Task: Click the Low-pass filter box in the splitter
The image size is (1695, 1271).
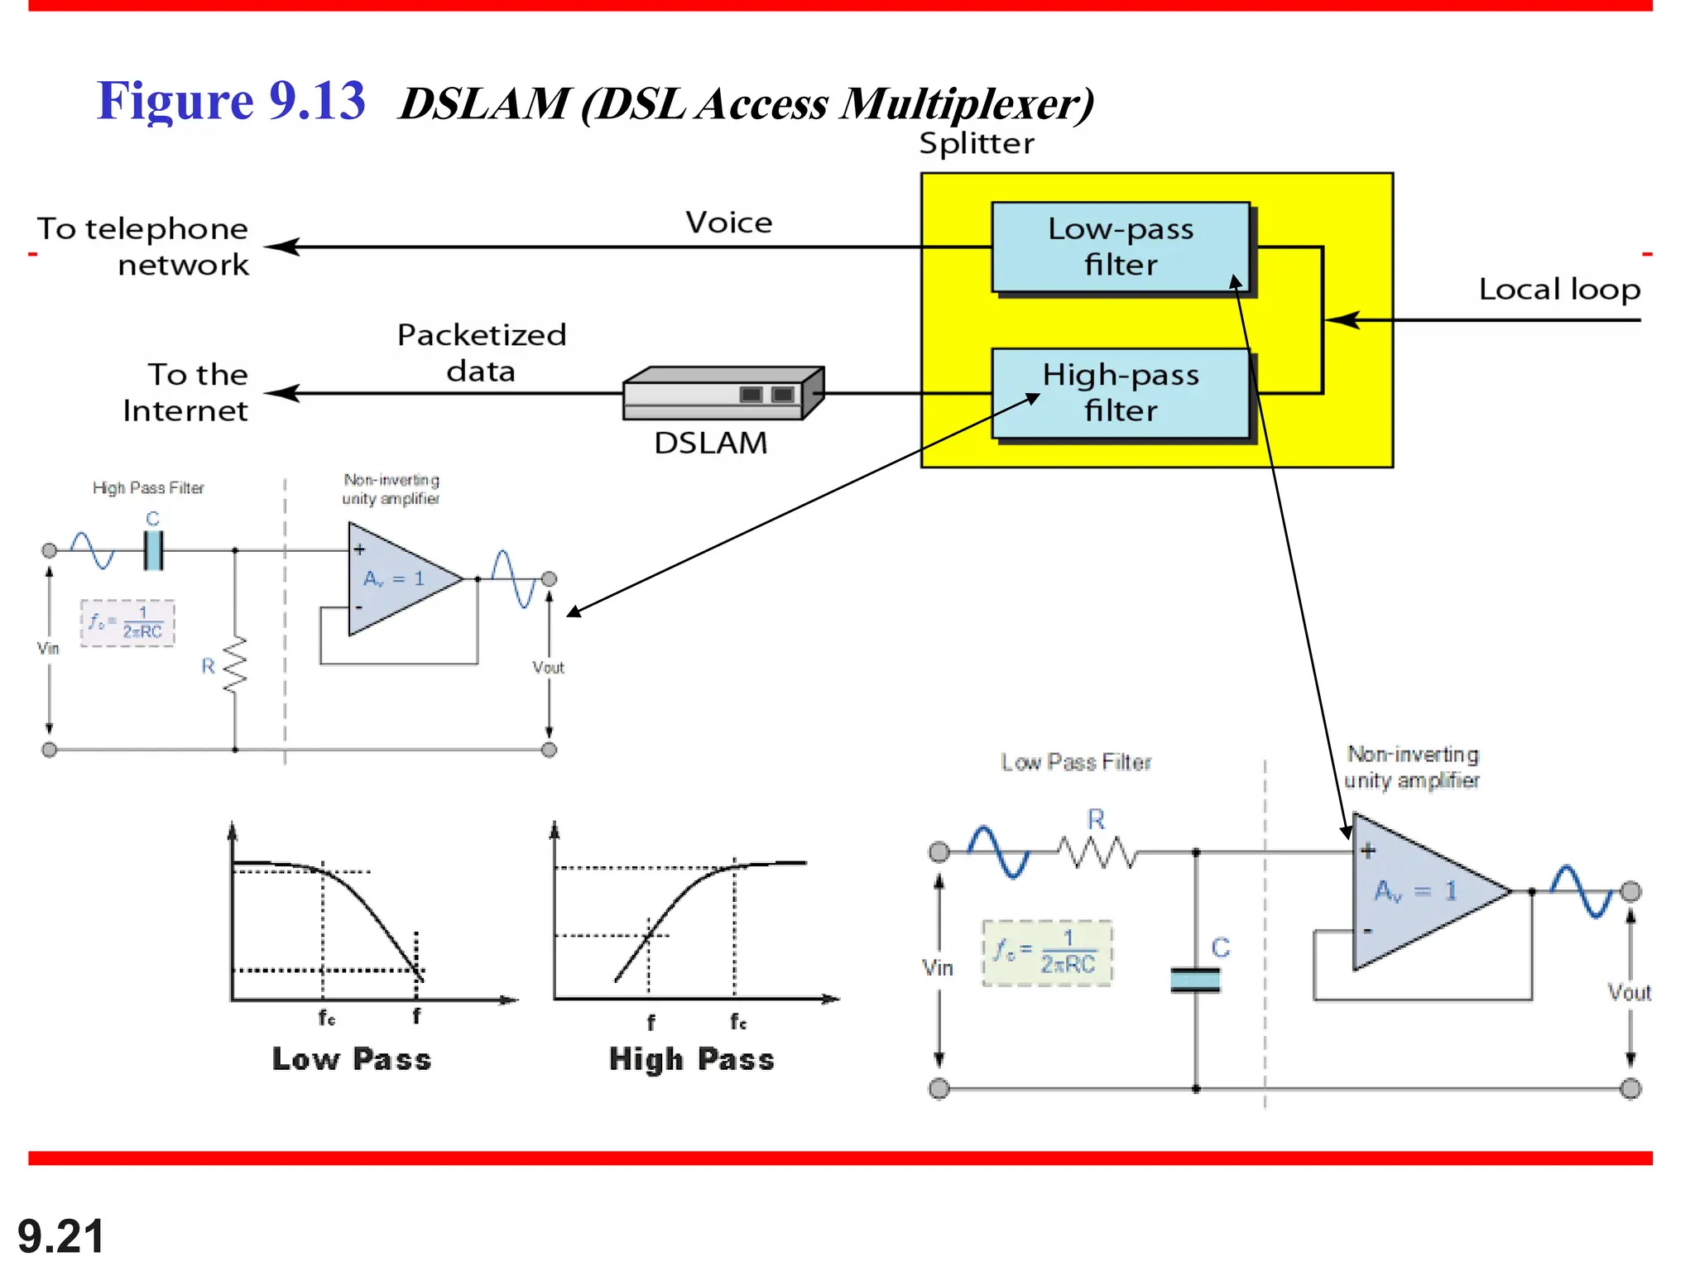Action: pyautogui.click(x=1120, y=247)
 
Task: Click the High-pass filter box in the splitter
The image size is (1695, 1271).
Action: pyautogui.click(x=1120, y=393)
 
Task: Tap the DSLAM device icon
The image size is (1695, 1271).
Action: pyautogui.click(x=723, y=393)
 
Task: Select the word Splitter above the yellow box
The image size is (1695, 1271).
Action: pyautogui.click(x=977, y=144)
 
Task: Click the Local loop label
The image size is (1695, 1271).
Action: pyautogui.click(x=1558, y=290)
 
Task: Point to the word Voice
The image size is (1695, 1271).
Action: pyautogui.click(x=728, y=223)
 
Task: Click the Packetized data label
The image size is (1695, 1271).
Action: pyautogui.click(x=482, y=353)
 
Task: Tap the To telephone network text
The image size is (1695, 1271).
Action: pyautogui.click(x=142, y=247)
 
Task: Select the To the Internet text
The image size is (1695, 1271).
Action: pyautogui.click(x=186, y=392)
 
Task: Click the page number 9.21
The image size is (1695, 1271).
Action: pyautogui.click(x=60, y=1236)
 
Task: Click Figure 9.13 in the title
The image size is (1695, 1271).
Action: pyautogui.click(x=231, y=101)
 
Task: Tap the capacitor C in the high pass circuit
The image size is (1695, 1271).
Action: pyautogui.click(x=153, y=549)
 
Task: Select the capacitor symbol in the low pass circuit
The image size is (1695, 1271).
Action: pyautogui.click(x=1195, y=980)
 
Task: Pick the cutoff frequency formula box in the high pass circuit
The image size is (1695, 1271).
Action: pyautogui.click(x=127, y=623)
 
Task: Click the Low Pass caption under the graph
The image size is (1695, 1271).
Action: pyautogui.click(x=352, y=1059)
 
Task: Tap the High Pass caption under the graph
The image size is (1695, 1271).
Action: pyautogui.click(x=691, y=1059)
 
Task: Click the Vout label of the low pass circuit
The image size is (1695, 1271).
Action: pyautogui.click(x=1628, y=992)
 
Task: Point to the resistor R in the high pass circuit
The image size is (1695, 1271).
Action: pyautogui.click(x=235, y=664)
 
